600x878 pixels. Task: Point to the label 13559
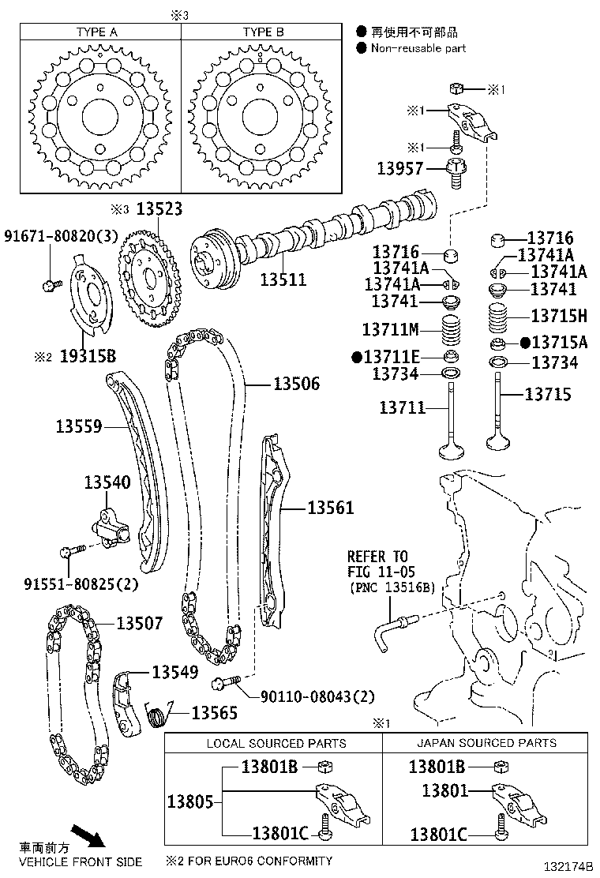[79, 427]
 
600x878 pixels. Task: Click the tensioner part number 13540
[107, 482]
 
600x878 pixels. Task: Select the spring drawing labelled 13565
[158, 716]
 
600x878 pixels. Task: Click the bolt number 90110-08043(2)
[317, 696]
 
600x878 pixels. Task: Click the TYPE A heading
[97, 32]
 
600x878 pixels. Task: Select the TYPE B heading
[263, 32]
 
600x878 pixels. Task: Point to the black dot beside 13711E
[357, 357]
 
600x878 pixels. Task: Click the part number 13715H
[559, 316]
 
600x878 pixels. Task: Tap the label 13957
[400, 168]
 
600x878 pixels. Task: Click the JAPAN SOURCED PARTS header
[486, 743]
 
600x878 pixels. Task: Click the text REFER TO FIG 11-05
[381, 563]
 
